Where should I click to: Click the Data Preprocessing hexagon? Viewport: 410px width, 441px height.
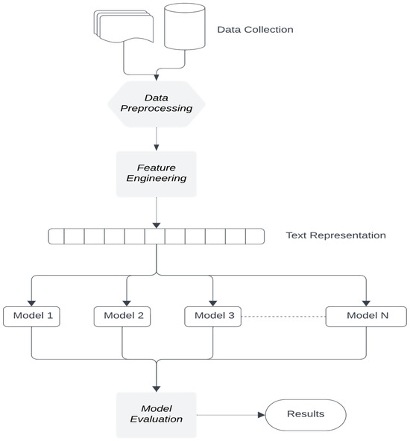(x=156, y=102)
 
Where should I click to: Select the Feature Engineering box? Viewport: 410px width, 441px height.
(x=156, y=174)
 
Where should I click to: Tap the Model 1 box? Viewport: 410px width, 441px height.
(x=31, y=316)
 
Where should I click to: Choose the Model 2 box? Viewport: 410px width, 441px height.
(x=123, y=316)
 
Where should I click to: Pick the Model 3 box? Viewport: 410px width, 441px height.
(x=214, y=316)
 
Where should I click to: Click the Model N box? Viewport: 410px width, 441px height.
(x=367, y=316)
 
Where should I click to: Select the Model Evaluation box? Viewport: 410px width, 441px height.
(x=156, y=414)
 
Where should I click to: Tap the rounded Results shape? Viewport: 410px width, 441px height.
(x=306, y=414)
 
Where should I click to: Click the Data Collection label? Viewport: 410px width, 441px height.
(x=255, y=30)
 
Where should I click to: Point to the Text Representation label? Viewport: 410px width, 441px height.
(x=335, y=235)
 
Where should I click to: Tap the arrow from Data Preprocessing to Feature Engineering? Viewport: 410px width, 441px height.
(x=156, y=138)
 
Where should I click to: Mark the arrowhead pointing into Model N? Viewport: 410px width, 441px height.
(x=367, y=301)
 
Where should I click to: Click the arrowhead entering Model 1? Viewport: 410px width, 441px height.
(x=31, y=301)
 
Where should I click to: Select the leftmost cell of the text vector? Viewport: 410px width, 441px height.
(x=57, y=237)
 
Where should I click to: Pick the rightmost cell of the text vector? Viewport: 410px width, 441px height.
(x=255, y=237)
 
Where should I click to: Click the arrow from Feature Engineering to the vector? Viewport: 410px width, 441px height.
(x=156, y=212)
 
